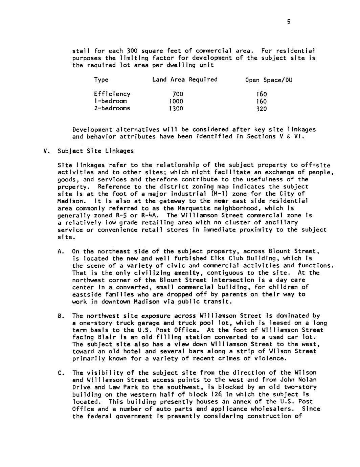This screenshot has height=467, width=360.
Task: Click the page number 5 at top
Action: point(288,22)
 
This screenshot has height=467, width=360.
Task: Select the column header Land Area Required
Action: point(185,80)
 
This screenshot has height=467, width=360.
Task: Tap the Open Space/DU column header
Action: point(268,80)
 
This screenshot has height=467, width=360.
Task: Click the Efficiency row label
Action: point(112,94)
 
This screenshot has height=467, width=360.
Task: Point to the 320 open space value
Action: point(261,109)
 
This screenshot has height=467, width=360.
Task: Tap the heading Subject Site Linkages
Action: point(96,151)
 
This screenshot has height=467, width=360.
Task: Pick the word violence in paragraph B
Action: point(270,358)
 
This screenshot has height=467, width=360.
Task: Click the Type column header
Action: point(101,80)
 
